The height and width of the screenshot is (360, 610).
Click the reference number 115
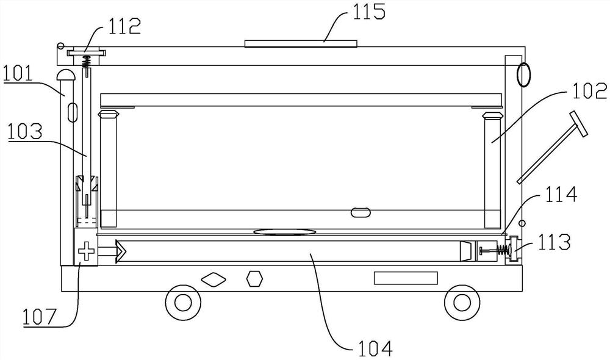pos(369,11)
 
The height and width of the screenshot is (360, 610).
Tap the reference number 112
pos(124,26)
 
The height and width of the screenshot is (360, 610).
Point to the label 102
pos(589,92)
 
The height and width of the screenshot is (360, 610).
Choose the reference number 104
pos(375,348)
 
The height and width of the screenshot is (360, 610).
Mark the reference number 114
pos(561,194)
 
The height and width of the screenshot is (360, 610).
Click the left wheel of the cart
pos(183,303)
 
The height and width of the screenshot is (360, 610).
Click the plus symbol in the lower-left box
pos(87,251)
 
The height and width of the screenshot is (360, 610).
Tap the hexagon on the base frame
pos(255,279)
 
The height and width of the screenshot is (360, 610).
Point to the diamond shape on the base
pos(213,279)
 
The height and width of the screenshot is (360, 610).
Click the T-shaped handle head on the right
pos(578,124)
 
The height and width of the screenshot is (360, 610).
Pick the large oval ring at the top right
pos(523,74)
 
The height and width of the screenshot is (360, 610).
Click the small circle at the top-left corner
pos(60,46)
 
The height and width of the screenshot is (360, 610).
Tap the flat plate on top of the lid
pos(301,43)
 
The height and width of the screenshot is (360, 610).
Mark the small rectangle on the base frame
pos(406,278)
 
